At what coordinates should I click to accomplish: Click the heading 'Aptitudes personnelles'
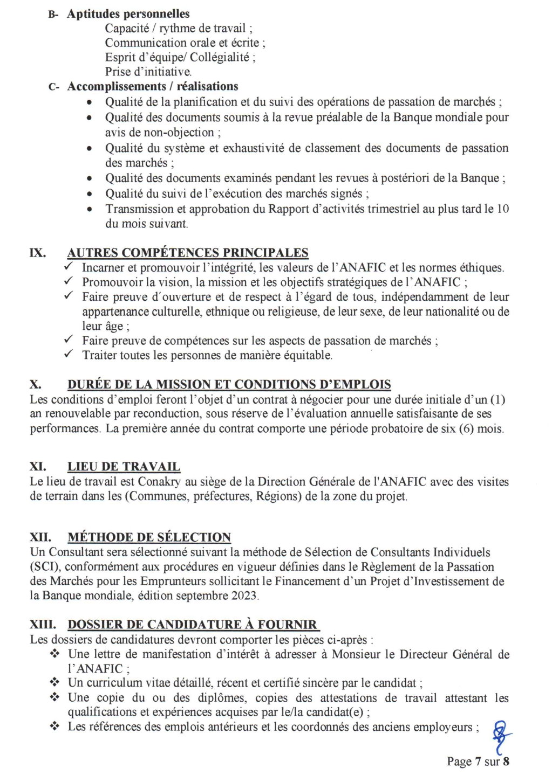coord(128,14)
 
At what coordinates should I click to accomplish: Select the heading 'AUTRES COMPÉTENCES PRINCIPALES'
coord(187,252)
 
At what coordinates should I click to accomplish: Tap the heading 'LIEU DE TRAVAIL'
coord(124,467)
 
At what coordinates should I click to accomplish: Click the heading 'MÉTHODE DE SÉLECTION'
coord(149,537)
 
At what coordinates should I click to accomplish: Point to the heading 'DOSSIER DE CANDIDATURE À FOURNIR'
coord(192,625)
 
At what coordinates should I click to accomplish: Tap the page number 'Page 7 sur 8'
coord(478,762)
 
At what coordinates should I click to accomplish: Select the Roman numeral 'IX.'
coord(37,252)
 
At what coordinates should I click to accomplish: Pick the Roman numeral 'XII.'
coord(40,537)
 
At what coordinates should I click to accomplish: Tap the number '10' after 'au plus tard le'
coord(502,209)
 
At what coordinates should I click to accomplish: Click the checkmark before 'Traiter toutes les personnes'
coord(69,355)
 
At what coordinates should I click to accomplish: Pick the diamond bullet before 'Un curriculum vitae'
coord(54,683)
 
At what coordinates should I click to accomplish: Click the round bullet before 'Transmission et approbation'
coord(90,209)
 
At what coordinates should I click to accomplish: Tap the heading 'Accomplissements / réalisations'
coord(152,86)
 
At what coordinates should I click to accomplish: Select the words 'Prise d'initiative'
coord(148,72)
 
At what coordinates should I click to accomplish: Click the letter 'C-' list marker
coord(53,87)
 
